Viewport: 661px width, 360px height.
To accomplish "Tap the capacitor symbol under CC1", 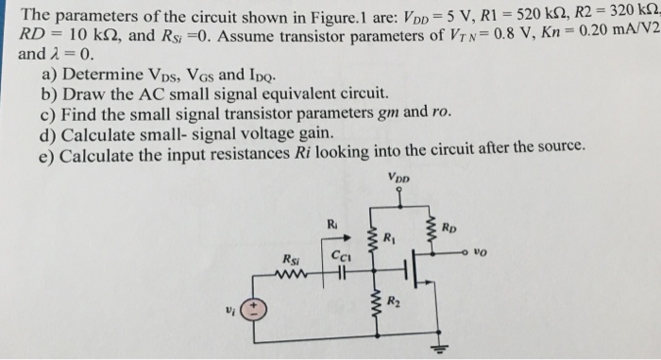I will coord(337,276).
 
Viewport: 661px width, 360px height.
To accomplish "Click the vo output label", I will coord(483,254).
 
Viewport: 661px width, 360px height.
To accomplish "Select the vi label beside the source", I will coord(225,310).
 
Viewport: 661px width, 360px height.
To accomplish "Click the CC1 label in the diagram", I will coord(338,255).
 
